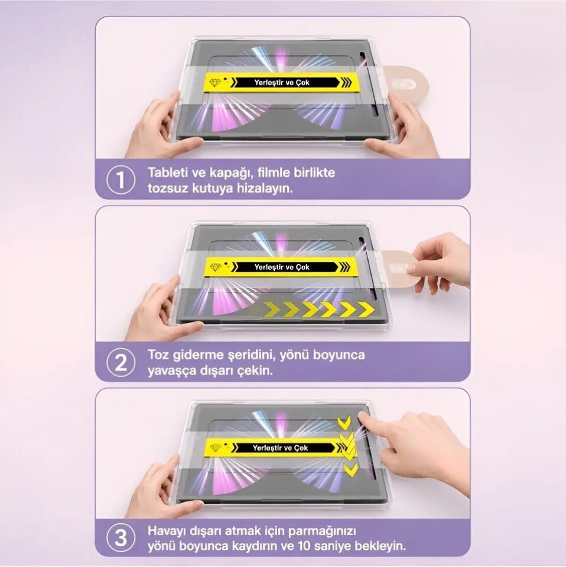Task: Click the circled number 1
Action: (x=121, y=180)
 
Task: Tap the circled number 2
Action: (x=121, y=362)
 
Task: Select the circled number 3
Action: (x=121, y=537)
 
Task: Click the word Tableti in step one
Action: (x=167, y=172)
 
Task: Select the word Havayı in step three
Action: (x=166, y=530)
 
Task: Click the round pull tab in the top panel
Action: (x=406, y=85)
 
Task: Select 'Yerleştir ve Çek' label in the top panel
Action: (x=282, y=83)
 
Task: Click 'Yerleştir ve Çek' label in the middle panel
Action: (x=282, y=267)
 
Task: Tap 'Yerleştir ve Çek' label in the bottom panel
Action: (x=280, y=448)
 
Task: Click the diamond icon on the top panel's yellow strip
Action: (x=215, y=83)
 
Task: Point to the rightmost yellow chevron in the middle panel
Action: (x=366, y=309)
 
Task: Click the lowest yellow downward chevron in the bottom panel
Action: (x=350, y=471)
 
